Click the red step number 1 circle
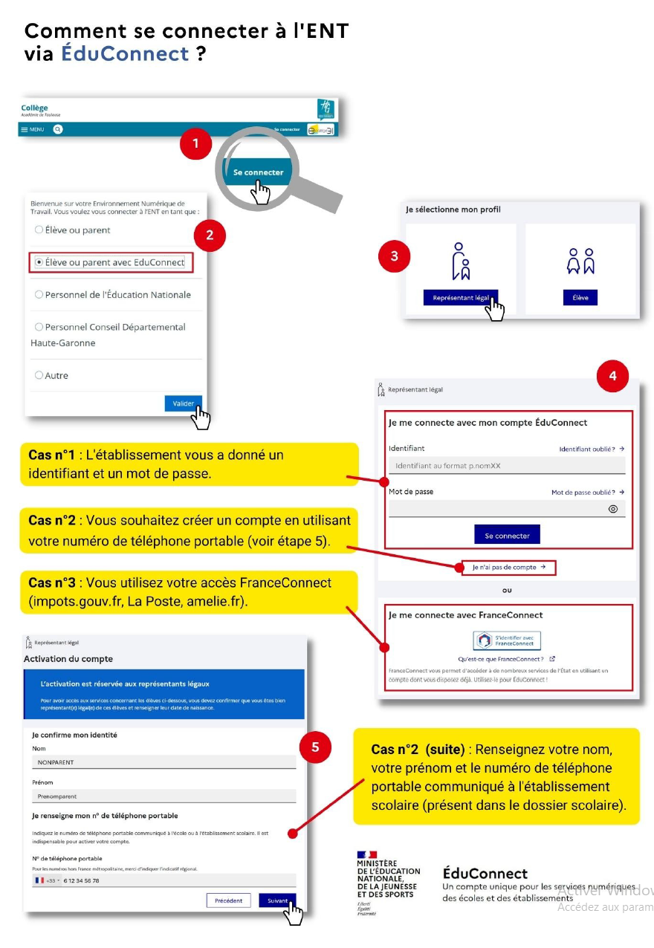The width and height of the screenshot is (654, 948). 196,144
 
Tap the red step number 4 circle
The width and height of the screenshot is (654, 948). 612,377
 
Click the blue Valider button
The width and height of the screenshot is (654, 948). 183,403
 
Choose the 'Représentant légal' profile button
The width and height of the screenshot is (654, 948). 461,297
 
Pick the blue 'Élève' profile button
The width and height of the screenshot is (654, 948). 580,297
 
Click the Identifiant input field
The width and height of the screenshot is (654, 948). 506,466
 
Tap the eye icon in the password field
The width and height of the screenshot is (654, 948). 613,509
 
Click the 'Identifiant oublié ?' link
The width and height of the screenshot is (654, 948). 592,449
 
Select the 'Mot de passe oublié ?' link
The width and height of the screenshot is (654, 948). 587,492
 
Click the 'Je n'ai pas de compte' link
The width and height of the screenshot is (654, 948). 508,568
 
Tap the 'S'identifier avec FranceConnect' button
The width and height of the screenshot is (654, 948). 507,640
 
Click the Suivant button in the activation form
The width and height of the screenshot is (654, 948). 277,900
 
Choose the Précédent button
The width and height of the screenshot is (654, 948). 228,900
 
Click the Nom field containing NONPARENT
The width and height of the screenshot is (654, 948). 163,762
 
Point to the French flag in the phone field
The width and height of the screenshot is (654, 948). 40,880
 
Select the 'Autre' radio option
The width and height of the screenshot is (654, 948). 39,375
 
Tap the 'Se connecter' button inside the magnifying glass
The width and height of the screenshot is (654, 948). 258,172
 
